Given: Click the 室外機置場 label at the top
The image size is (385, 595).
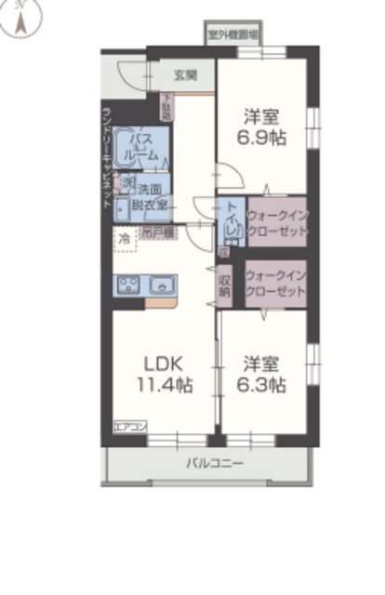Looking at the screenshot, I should click(x=232, y=34).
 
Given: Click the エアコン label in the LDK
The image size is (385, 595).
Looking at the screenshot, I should click(x=131, y=427).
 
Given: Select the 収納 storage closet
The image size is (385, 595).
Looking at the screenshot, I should click(x=225, y=285).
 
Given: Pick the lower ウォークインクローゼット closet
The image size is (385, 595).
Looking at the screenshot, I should click(x=276, y=284).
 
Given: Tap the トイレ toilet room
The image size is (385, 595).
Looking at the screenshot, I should click(x=231, y=221).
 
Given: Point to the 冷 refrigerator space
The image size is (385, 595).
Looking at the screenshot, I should click(x=124, y=238).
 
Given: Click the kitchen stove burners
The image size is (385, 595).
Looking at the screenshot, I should click(x=127, y=285).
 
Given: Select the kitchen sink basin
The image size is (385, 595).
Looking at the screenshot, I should click(x=162, y=284).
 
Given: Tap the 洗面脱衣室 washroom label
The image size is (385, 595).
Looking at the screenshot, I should click(x=152, y=194).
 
